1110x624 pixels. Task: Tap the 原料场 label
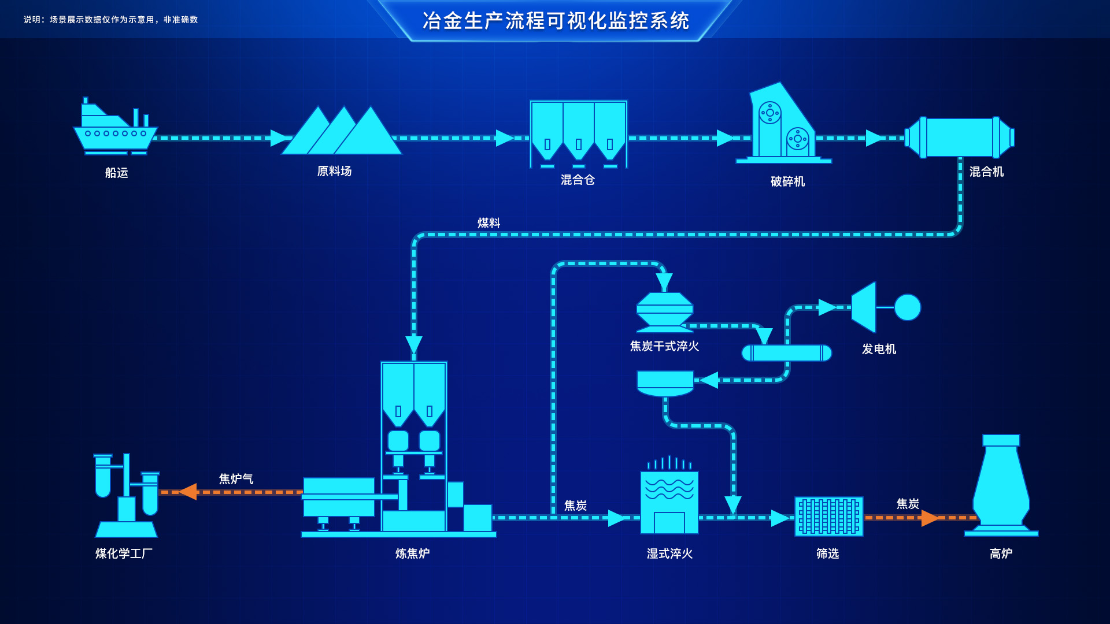click(x=334, y=171)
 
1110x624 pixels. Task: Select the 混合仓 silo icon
click(x=578, y=133)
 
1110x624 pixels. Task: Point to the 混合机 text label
click(x=986, y=172)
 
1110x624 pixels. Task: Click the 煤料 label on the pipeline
click(x=489, y=223)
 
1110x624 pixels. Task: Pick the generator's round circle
click(x=907, y=307)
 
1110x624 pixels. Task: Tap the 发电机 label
click(x=879, y=349)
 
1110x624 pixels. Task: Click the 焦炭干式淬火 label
click(x=664, y=346)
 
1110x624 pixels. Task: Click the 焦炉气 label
click(x=236, y=479)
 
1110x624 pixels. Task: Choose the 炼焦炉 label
click(x=412, y=554)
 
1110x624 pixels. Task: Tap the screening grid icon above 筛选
click(x=828, y=516)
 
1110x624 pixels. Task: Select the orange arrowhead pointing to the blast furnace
click(x=929, y=518)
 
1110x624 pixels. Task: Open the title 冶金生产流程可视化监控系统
click(x=556, y=21)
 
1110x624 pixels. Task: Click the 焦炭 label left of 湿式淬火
click(x=575, y=506)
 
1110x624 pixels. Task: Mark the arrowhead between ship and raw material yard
click(x=279, y=138)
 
